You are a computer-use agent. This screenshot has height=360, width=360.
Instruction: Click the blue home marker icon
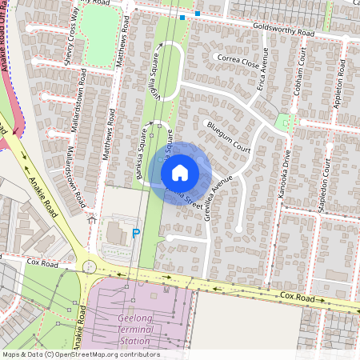(180, 172)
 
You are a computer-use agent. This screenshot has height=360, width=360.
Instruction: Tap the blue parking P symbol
(135, 233)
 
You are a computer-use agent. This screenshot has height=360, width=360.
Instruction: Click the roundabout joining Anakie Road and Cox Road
(90, 266)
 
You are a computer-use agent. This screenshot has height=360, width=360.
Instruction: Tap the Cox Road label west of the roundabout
(43, 262)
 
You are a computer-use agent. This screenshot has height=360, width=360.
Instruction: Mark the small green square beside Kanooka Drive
(281, 122)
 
